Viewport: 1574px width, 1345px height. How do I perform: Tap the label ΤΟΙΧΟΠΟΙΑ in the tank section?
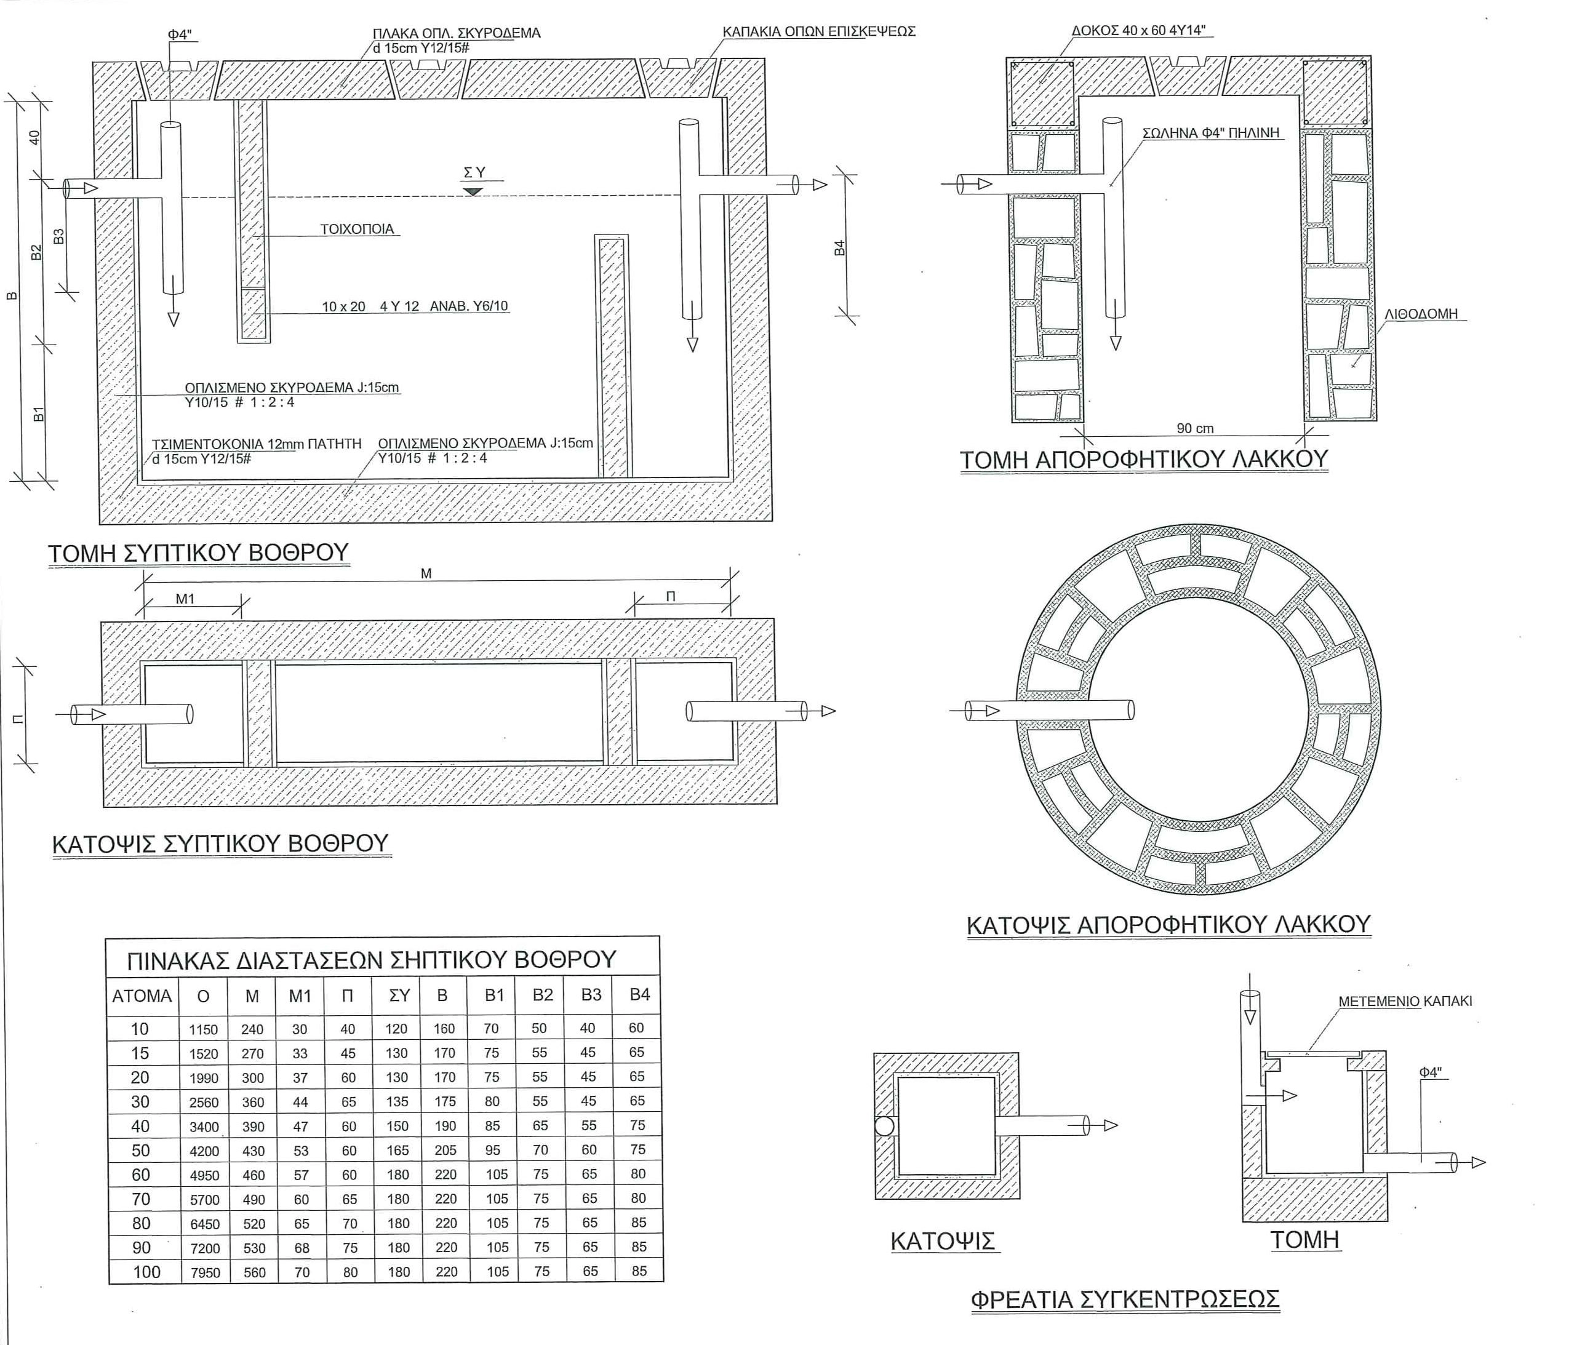(x=357, y=229)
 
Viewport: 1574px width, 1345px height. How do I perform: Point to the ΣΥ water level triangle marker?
(x=473, y=191)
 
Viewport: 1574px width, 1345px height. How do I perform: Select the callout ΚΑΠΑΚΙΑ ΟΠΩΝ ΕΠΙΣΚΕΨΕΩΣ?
(x=819, y=32)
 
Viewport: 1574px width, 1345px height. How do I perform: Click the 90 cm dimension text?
(x=1195, y=428)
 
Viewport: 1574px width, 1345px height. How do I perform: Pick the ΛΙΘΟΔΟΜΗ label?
(x=1421, y=314)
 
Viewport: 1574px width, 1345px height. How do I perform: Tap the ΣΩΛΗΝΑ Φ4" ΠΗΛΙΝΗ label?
(x=1211, y=134)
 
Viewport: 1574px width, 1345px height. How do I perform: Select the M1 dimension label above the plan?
(x=185, y=599)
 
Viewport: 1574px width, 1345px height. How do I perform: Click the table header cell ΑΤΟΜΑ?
(x=142, y=996)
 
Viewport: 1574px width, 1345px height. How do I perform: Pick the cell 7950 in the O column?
(x=205, y=1272)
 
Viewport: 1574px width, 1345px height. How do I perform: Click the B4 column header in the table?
(x=639, y=995)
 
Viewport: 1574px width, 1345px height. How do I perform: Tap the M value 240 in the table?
(x=252, y=1030)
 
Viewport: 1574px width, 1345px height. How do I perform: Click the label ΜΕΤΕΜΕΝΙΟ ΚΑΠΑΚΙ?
(x=1405, y=1001)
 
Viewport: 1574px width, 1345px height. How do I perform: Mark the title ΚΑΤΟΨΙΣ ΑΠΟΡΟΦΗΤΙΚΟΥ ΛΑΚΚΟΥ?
(x=1169, y=924)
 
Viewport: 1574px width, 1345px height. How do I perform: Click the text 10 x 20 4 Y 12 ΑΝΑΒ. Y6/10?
(x=415, y=307)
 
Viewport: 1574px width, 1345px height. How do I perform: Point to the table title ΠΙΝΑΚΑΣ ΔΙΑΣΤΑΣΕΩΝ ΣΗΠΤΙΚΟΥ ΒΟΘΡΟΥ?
(x=370, y=960)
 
